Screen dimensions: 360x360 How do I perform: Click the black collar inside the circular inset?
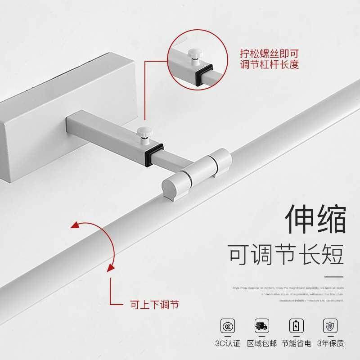(x=203, y=74)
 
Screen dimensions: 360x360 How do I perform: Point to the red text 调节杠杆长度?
(x=268, y=65)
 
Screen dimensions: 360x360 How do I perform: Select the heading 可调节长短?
(x=286, y=254)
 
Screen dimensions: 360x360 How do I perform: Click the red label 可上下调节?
(x=154, y=305)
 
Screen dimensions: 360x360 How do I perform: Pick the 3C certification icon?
(x=228, y=325)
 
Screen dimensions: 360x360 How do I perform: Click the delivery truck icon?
(x=261, y=325)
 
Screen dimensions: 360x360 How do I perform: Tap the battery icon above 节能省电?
(x=295, y=325)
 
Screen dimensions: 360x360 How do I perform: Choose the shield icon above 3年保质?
(x=330, y=325)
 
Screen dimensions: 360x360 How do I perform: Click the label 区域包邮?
(x=261, y=344)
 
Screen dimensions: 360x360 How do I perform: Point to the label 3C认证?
(x=227, y=344)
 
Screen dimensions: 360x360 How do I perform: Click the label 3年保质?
(x=330, y=344)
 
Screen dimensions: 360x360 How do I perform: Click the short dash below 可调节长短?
(x=334, y=275)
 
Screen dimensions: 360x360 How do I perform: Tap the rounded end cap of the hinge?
(x=171, y=186)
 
